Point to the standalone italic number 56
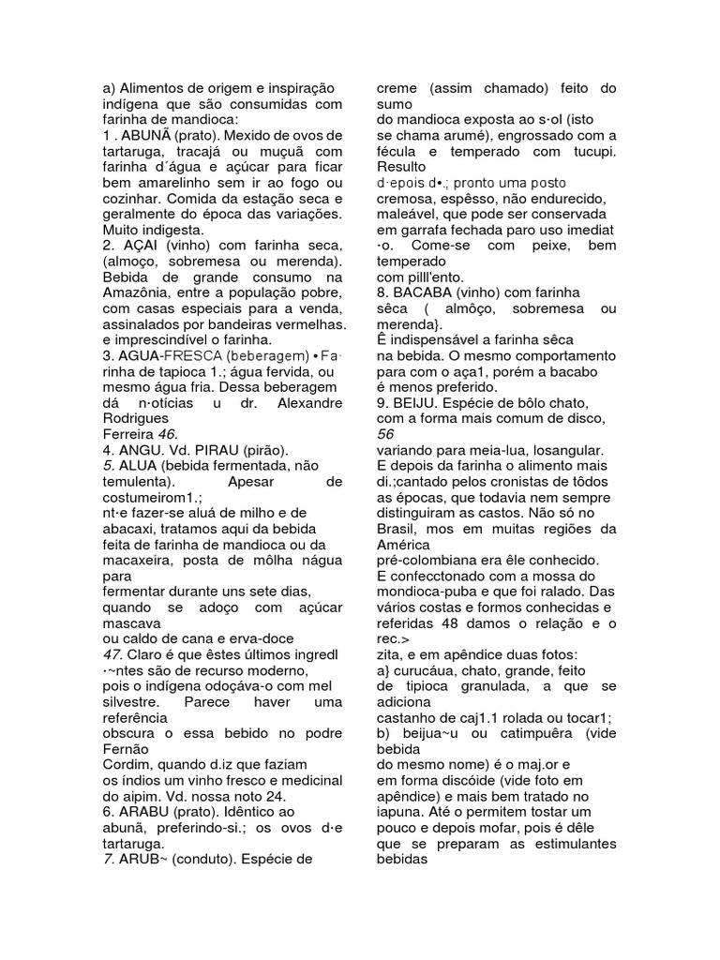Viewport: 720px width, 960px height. [385, 434]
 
